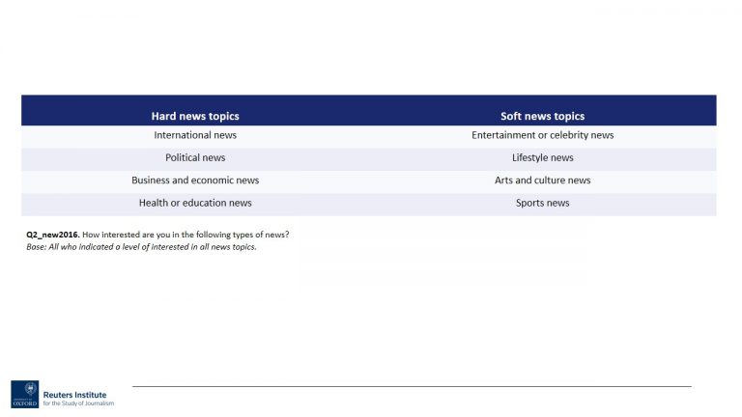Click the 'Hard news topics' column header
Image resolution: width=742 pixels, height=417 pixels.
pos(195,116)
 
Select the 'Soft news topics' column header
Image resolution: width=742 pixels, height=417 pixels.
pos(542,116)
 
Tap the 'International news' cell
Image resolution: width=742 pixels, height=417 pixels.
pos(195,135)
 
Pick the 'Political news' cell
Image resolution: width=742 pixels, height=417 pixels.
pos(195,157)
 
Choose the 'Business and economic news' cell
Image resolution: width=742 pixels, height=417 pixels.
pos(195,181)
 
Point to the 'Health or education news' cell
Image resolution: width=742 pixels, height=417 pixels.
pos(195,203)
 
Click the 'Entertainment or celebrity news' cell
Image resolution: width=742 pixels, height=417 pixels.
pos(542,135)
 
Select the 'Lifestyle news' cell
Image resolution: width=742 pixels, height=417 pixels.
pos(542,157)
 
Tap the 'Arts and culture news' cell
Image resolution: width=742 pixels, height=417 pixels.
pos(542,181)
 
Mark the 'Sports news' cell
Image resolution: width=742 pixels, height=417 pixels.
pos(542,203)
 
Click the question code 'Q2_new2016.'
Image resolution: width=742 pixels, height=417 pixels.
pos(52,236)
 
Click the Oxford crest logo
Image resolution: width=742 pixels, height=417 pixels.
pos(25,393)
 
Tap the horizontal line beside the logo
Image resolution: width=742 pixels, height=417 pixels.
pos(411,386)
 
